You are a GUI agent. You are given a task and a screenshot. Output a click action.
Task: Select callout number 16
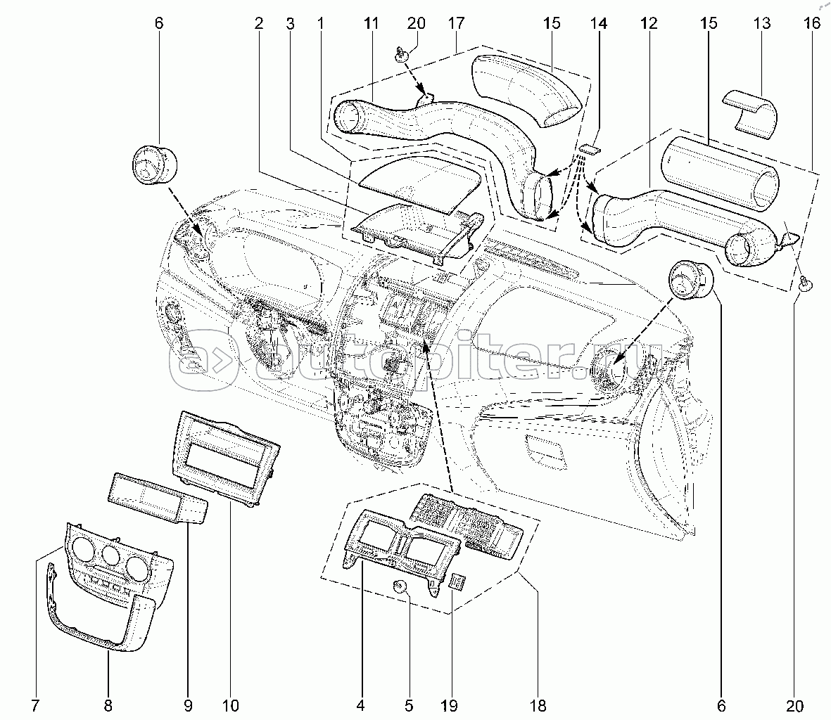pos(811,24)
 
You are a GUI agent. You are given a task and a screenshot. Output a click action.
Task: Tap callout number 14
pos(598,24)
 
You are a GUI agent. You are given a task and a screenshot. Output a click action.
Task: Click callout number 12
pos(648,24)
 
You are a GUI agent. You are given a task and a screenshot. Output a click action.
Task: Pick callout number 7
pos(34,705)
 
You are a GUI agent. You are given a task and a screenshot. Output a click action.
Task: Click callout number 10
pos(230,705)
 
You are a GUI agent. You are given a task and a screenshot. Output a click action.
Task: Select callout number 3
pos(289,24)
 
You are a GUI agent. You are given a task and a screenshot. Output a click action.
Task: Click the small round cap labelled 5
pos(400,587)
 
